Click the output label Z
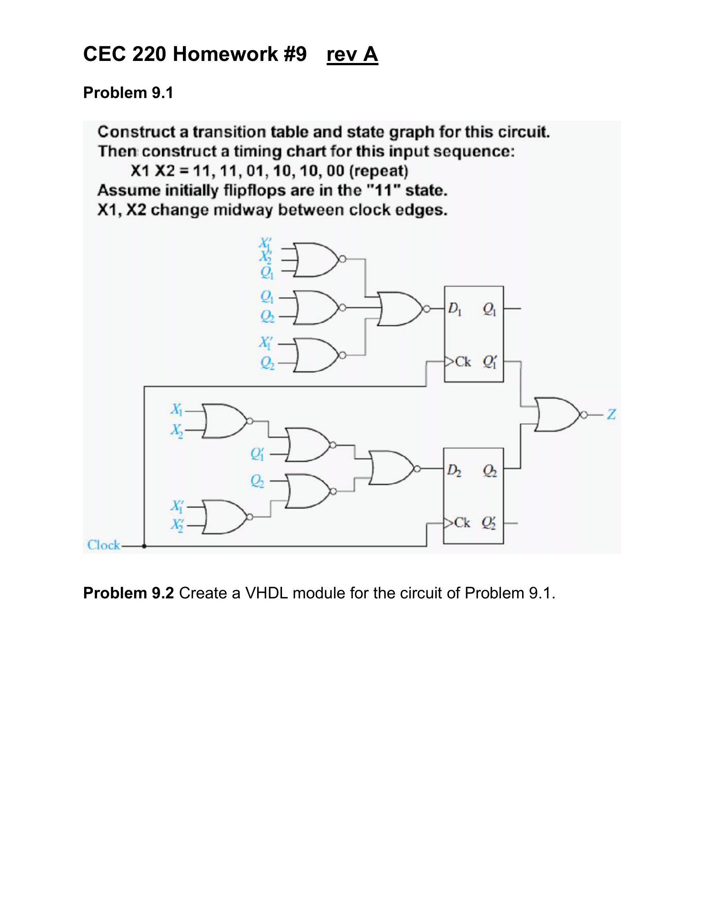point(611,414)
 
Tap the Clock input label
point(104,545)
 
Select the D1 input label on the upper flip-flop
point(455,309)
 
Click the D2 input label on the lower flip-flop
point(454,471)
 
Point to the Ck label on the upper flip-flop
point(463,361)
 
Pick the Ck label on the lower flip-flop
point(462,523)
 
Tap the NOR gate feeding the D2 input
point(391,468)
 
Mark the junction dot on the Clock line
point(144,546)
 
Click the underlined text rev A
point(352,54)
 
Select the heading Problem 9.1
point(128,93)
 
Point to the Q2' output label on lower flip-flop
point(489,523)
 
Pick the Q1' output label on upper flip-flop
point(489,361)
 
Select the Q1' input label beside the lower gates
point(257,454)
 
